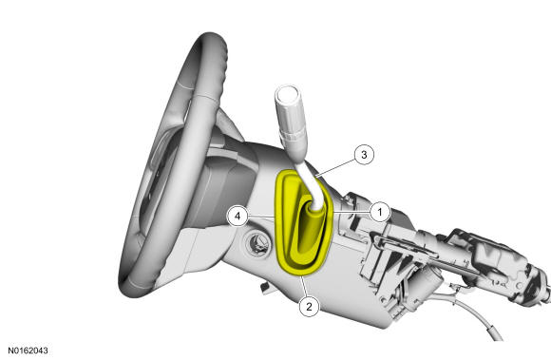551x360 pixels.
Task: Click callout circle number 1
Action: (379, 212)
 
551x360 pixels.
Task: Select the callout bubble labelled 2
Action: (309, 307)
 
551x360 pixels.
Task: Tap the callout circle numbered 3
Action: (364, 155)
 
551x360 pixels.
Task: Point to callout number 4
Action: (237, 216)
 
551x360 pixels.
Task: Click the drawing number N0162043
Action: (28, 351)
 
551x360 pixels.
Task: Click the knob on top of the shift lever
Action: (288, 99)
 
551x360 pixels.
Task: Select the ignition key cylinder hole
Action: (258, 243)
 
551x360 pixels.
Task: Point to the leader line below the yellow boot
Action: (304, 287)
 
